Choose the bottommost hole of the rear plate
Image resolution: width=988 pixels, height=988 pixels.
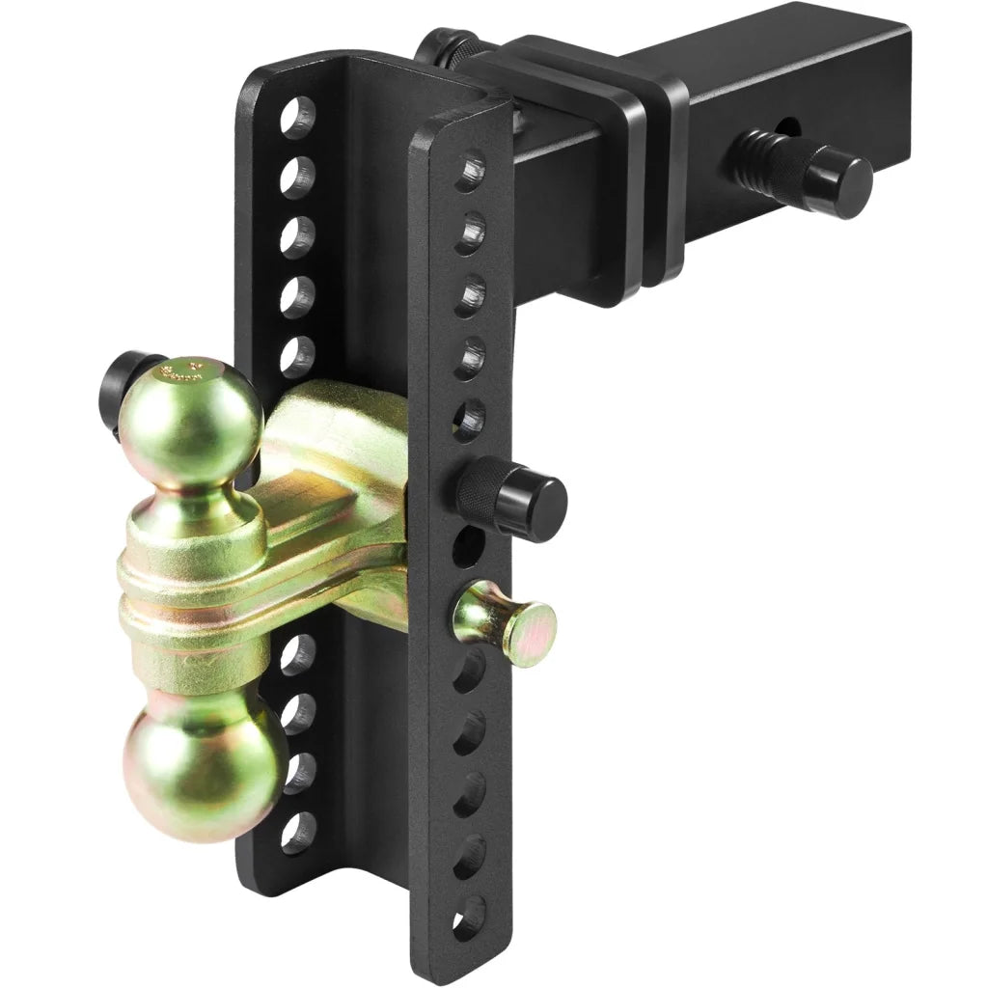(x=298, y=832)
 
